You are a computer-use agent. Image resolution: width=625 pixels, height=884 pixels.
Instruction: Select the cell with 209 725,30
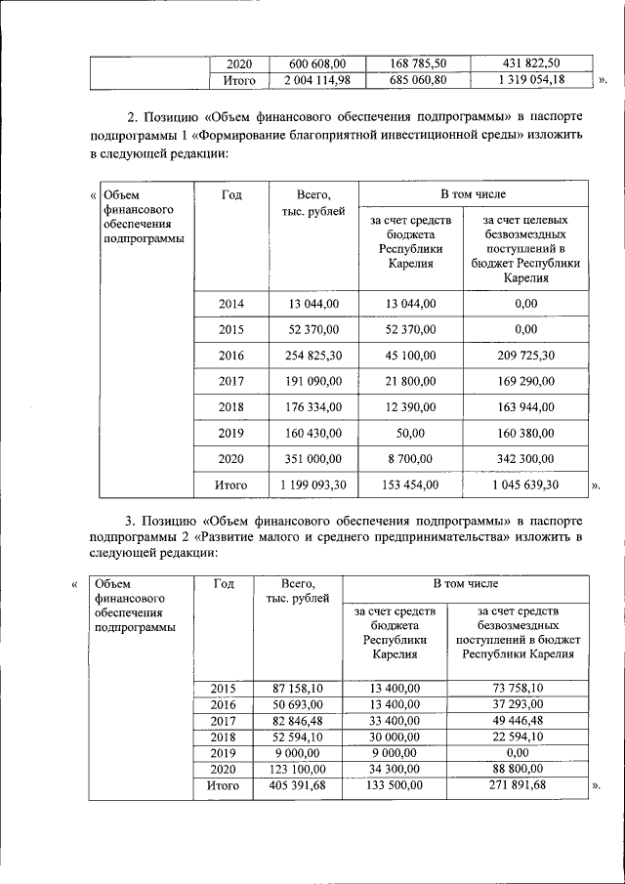pyautogui.click(x=525, y=355)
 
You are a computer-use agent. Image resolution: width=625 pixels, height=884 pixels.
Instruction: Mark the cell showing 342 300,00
pyautogui.click(x=525, y=457)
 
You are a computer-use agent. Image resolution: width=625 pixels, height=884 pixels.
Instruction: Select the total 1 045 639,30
pyautogui.click(x=525, y=484)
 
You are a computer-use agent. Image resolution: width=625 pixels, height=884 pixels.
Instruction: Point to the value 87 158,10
pyautogui.click(x=295, y=688)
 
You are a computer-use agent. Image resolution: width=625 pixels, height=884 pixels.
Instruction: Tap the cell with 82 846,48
pyautogui.click(x=295, y=720)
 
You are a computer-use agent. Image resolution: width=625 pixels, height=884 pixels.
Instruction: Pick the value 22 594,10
pyautogui.click(x=517, y=737)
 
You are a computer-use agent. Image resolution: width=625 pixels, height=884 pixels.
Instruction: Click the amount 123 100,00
pyautogui.click(x=295, y=769)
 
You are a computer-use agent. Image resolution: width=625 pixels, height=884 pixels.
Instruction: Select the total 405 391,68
pyautogui.click(x=295, y=785)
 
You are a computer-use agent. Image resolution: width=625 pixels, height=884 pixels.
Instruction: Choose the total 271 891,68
pyautogui.click(x=517, y=785)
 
